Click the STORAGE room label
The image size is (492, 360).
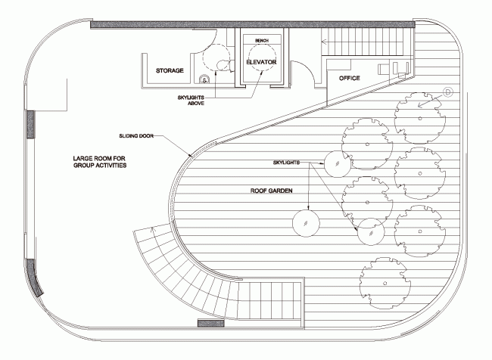pos(170,70)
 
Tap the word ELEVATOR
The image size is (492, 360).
pos(261,62)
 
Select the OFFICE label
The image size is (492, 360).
pos(349,78)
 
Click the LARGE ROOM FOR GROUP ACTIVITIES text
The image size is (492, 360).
pos(99,161)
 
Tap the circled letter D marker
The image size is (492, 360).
pos(447,92)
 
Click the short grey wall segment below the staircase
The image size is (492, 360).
pos(210,324)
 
